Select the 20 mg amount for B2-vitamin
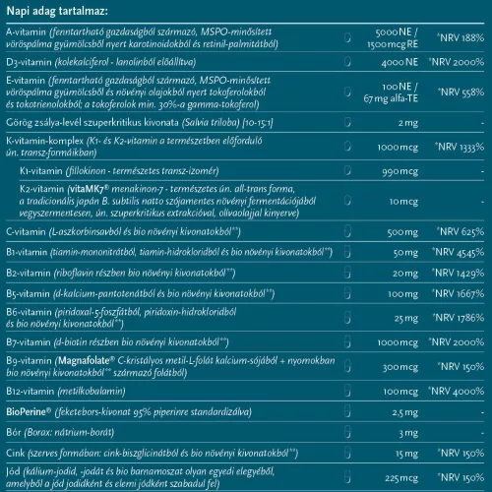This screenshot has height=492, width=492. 406,271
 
